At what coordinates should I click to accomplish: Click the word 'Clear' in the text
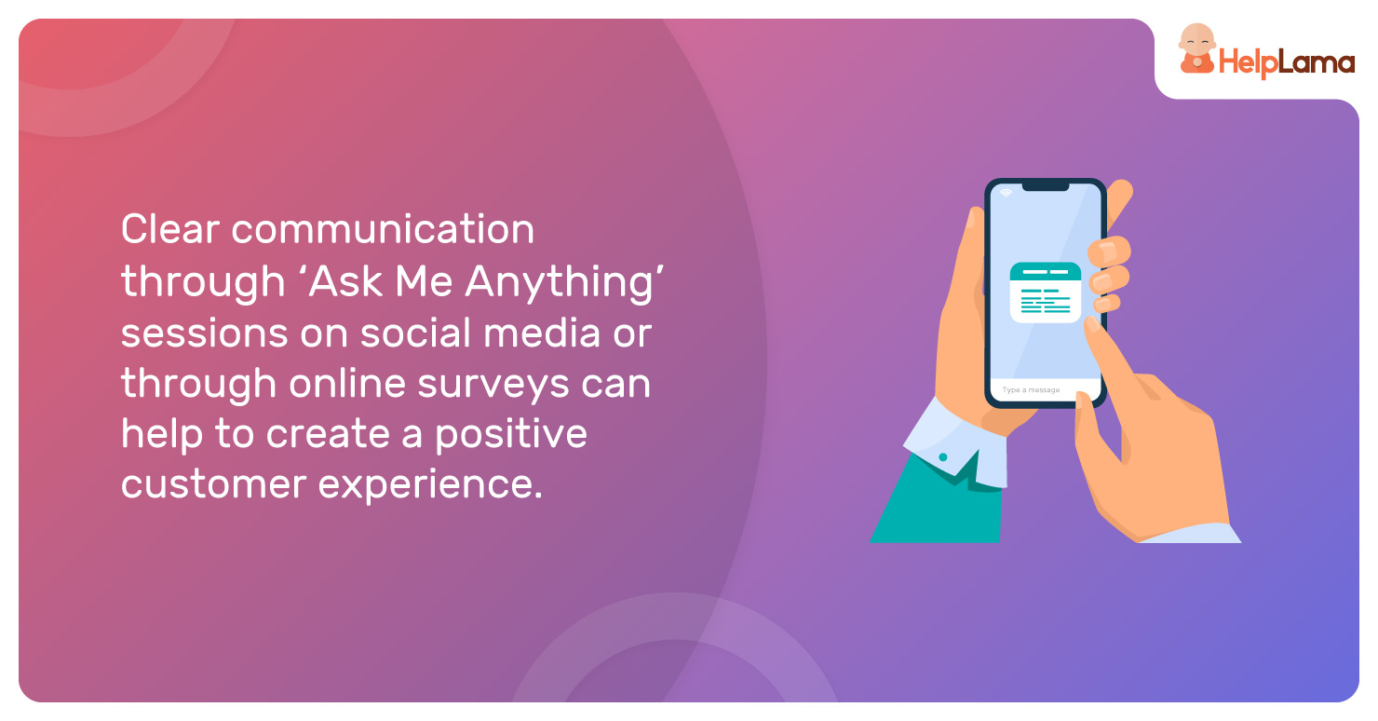click(170, 229)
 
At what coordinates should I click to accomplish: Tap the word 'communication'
click(383, 229)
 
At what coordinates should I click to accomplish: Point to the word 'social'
click(416, 333)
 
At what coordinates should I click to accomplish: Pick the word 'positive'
click(510, 435)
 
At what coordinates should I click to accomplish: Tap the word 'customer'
click(213, 484)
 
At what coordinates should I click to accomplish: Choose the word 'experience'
click(429, 485)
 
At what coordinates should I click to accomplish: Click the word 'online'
click(347, 383)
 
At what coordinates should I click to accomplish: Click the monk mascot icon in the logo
click(1196, 49)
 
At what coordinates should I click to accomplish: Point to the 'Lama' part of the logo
click(1317, 62)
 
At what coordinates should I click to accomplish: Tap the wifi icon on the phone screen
click(1006, 193)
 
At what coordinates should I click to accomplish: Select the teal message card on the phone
click(1046, 292)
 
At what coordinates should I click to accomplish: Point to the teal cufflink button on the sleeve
click(943, 456)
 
